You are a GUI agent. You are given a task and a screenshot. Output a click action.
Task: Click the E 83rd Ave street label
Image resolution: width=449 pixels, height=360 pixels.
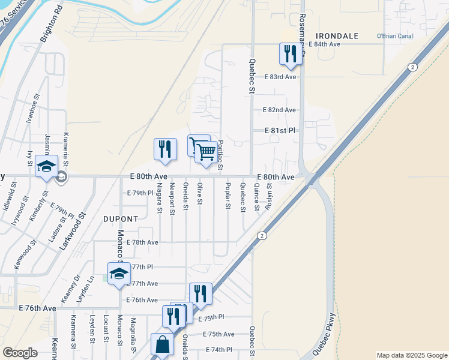point(280,77)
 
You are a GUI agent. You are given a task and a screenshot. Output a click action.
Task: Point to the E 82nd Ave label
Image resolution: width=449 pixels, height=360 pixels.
point(280,110)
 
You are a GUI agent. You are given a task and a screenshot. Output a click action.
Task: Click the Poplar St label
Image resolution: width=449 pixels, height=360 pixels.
point(228,196)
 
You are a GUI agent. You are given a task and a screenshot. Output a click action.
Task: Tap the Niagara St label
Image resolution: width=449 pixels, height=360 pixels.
point(159,198)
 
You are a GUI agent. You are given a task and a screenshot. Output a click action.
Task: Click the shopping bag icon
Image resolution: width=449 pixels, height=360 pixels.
point(161,344)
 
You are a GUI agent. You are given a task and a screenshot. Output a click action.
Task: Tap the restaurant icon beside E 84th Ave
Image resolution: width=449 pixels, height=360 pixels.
point(291,53)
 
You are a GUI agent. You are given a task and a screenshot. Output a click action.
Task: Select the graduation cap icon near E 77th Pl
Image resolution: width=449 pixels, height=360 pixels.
point(119,274)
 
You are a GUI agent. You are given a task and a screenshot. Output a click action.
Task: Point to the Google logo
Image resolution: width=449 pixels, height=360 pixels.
point(20,353)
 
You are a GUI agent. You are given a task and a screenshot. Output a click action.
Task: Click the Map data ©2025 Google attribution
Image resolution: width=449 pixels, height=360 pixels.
point(411,355)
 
